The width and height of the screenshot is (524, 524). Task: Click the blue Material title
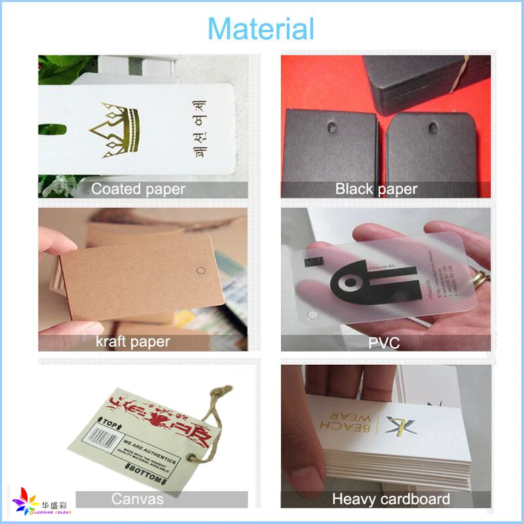click(261, 29)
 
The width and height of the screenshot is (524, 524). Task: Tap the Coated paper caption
click(138, 189)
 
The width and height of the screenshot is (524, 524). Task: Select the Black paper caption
click(376, 189)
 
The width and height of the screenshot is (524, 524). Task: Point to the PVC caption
click(384, 343)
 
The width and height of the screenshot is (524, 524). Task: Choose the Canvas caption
click(138, 499)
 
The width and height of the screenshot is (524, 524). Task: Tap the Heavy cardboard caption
click(390, 499)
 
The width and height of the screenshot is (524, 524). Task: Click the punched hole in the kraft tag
click(200, 269)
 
